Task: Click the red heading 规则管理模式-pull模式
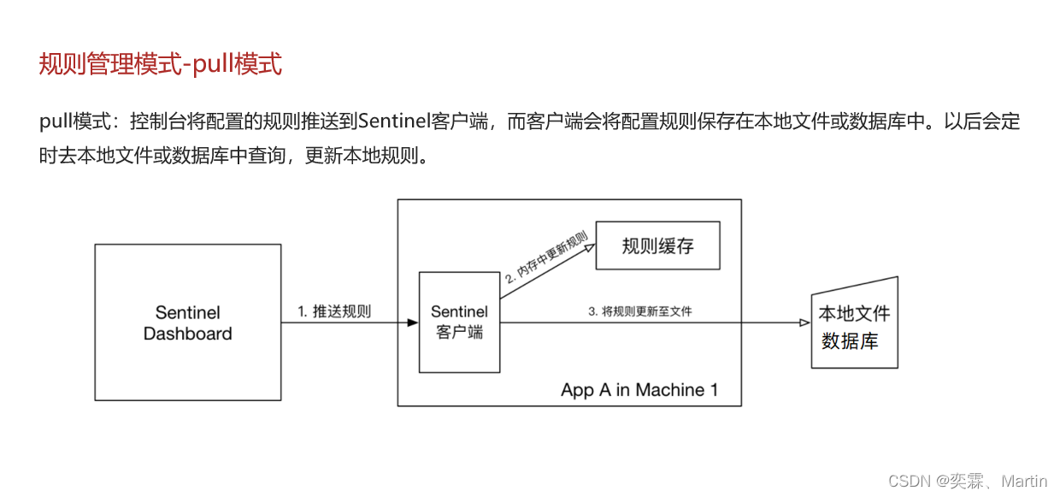161,64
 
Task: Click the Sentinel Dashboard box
187,322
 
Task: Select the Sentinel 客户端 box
459,322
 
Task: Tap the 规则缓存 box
657,246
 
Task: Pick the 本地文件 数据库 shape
854,324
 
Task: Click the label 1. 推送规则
334,311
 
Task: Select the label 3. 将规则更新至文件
639,311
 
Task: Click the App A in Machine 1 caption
639,390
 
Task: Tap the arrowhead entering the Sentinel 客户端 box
413,322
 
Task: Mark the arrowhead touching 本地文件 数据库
804,322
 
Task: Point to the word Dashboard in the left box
187,334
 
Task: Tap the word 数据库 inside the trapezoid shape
850,340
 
